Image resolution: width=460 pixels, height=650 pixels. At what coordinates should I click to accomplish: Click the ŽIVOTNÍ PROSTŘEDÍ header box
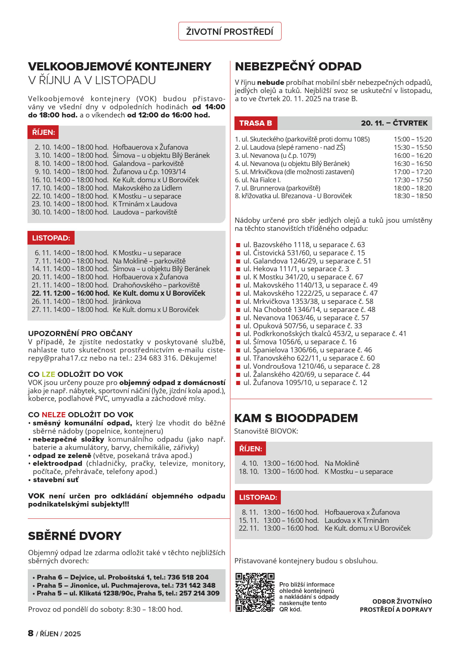[230, 31]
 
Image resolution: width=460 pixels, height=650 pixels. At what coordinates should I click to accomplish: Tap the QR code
[255, 592]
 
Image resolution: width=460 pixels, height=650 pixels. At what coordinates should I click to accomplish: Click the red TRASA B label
[256, 123]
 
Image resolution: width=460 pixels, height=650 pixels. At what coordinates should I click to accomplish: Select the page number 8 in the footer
[31, 633]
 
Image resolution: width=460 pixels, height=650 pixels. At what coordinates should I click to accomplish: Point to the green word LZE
[48, 374]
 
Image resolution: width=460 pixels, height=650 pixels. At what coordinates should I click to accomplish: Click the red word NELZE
[53, 415]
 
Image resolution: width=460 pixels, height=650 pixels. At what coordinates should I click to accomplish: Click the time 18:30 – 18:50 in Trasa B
[413, 196]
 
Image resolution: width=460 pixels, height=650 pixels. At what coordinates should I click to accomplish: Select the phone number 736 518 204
[188, 577]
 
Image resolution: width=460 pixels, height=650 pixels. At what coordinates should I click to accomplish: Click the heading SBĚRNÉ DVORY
[75, 536]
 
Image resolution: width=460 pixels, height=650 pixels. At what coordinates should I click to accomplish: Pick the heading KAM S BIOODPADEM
[296, 418]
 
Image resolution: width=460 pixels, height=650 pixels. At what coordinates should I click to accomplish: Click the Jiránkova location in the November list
[126, 301]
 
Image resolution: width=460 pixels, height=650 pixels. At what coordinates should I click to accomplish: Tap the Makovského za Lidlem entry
[147, 188]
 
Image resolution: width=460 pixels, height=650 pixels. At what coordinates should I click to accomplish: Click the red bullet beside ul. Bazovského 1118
[239, 245]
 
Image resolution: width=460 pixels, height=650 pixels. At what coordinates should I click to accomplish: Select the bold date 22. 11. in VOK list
[41, 293]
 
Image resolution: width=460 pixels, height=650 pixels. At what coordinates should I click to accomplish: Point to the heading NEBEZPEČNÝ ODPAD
[298, 66]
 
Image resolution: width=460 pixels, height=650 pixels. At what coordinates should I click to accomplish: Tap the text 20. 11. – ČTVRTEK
[394, 123]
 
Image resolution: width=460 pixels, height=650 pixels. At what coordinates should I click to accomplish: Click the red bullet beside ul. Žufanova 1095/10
[239, 383]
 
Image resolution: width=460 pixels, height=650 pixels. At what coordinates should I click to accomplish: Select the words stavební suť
[56, 480]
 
